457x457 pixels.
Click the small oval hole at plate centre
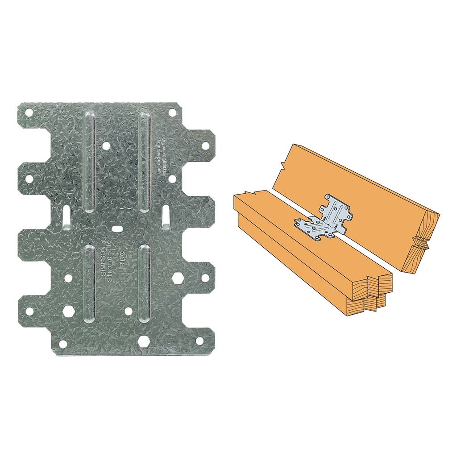tap(117, 228)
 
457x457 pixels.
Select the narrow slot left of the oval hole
tap(66, 217)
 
